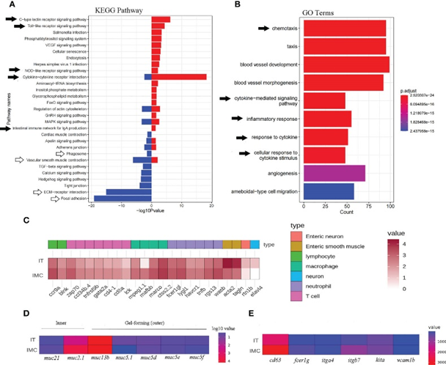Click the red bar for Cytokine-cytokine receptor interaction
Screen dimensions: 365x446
pos(179,76)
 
